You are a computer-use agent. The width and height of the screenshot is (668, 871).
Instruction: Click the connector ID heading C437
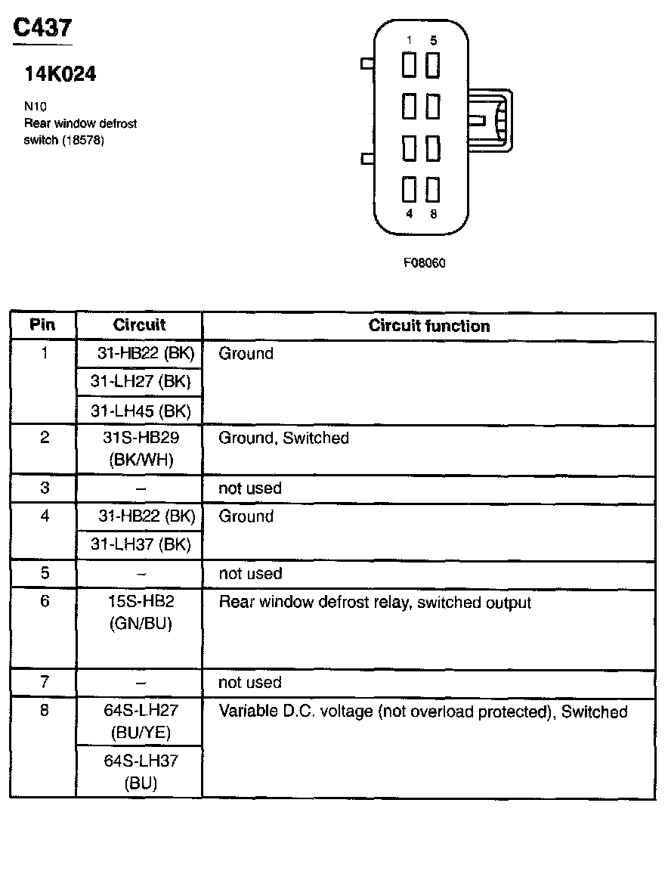click(x=43, y=28)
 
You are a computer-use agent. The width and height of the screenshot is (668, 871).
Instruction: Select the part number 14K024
click(x=60, y=74)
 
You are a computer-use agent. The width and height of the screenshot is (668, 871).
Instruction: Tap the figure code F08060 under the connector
click(x=424, y=263)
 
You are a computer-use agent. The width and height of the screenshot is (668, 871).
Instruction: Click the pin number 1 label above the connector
click(x=410, y=40)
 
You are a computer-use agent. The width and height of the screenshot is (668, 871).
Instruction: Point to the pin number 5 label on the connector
click(x=433, y=40)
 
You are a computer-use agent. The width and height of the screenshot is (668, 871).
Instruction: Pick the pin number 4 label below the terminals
click(x=410, y=214)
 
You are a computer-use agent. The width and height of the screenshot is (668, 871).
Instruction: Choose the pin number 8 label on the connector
click(x=433, y=214)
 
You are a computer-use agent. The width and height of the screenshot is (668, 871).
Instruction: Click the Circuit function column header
click(x=428, y=326)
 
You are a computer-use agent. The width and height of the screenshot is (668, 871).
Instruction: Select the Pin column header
click(x=42, y=325)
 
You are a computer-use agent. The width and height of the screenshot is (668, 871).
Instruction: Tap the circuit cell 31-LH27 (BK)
click(x=141, y=381)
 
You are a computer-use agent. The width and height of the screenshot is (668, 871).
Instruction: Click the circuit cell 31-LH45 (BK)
click(x=141, y=411)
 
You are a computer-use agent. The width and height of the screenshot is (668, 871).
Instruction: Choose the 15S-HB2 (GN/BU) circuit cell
click(x=141, y=612)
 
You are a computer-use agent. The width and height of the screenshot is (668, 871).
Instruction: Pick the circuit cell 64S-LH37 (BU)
click(x=141, y=772)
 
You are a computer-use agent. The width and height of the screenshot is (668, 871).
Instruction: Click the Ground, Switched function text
click(x=283, y=438)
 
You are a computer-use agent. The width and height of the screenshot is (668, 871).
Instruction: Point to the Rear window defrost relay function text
click(x=374, y=603)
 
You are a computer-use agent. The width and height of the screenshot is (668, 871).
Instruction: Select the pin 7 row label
click(x=45, y=682)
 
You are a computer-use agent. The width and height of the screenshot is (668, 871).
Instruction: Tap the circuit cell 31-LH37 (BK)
click(x=141, y=544)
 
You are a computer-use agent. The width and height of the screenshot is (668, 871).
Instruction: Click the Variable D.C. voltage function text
click(x=422, y=711)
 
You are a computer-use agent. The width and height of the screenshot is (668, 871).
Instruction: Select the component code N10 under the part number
click(x=36, y=107)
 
